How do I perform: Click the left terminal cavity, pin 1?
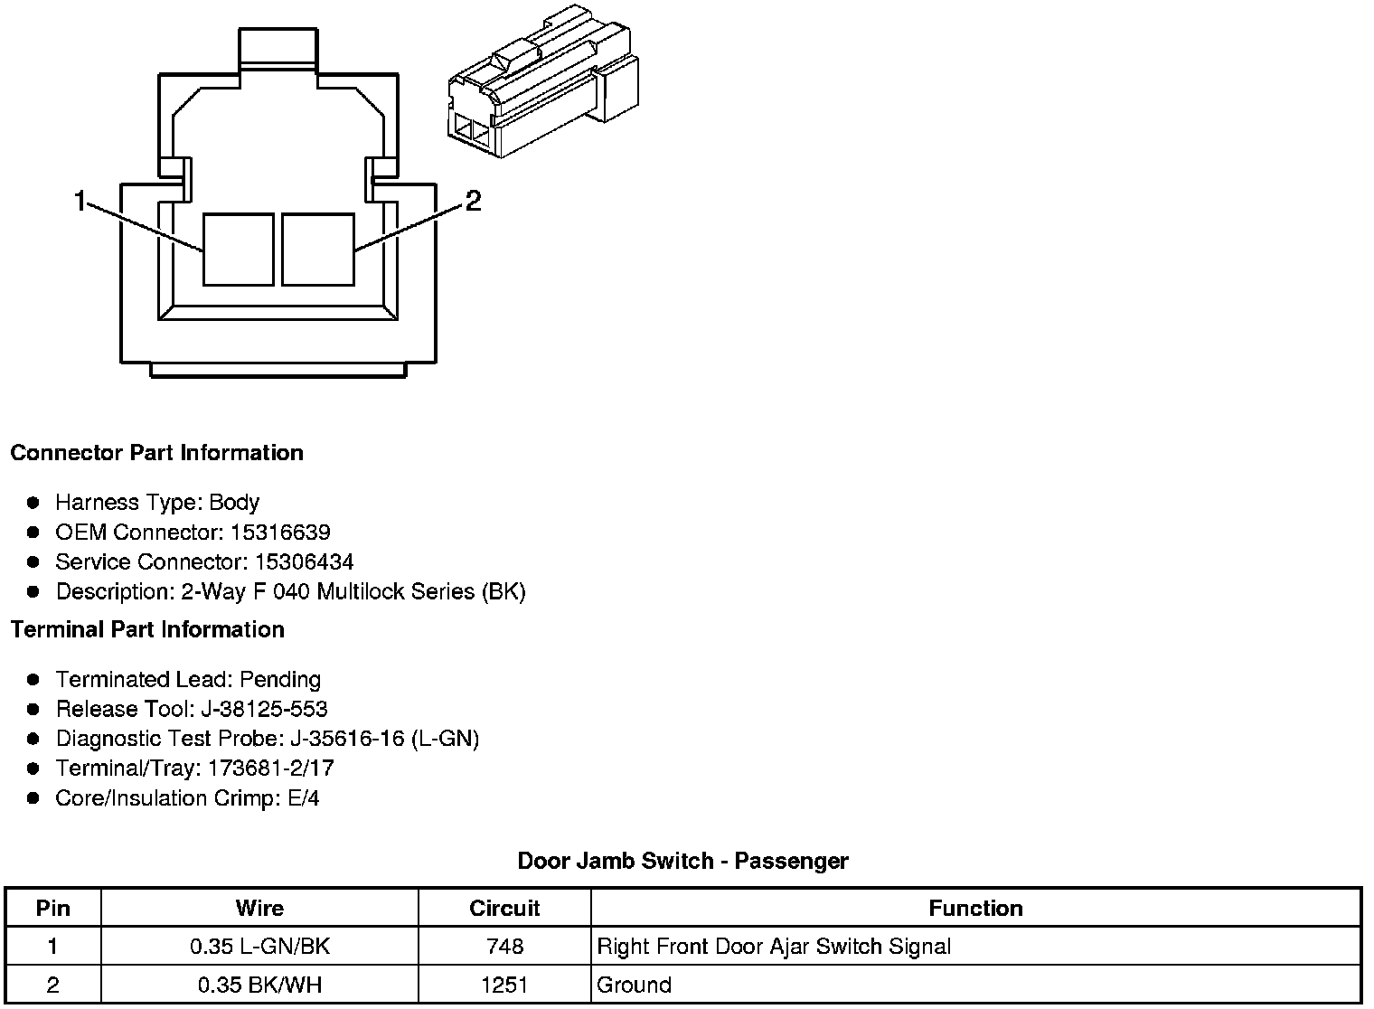(x=238, y=250)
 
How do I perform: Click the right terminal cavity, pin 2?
(x=317, y=250)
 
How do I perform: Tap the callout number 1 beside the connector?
(x=80, y=201)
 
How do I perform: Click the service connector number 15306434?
(x=304, y=562)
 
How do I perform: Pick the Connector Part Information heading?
(x=156, y=453)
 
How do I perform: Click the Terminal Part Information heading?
(x=147, y=630)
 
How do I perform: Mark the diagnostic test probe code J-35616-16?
(x=348, y=740)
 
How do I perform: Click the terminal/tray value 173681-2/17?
(x=271, y=769)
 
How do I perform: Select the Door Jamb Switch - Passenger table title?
(x=682, y=861)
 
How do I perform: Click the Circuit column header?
(x=504, y=909)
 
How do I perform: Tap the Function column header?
(x=975, y=909)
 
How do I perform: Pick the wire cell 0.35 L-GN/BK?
(x=259, y=948)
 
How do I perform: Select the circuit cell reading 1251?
(x=504, y=985)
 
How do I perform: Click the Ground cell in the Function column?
(x=634, y=985)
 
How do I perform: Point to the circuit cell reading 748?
(x=504, y=948)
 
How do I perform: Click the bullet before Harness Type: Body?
(x=33, y=503)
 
